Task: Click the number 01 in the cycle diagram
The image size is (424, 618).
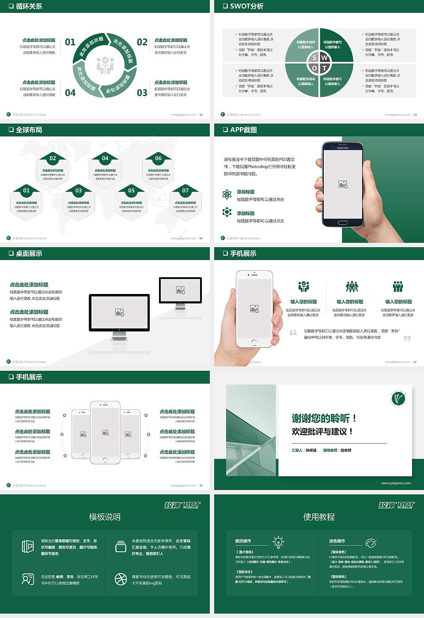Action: (70, 42)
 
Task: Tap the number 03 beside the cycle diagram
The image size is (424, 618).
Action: (142, 93)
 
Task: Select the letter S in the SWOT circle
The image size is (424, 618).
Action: (314, 58)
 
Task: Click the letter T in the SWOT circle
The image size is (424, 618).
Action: (324, 68)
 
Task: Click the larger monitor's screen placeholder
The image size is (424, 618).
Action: (119, 313)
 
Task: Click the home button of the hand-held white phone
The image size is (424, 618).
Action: (254, 343)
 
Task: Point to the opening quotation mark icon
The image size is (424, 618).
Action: (293, 332)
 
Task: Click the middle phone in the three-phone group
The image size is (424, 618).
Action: (105, 433)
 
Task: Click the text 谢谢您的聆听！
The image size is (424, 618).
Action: (324, 418)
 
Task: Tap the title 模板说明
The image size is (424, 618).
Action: (105, 517)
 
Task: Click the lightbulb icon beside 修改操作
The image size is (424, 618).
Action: (278, 542)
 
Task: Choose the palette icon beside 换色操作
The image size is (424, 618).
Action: (371, 543)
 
